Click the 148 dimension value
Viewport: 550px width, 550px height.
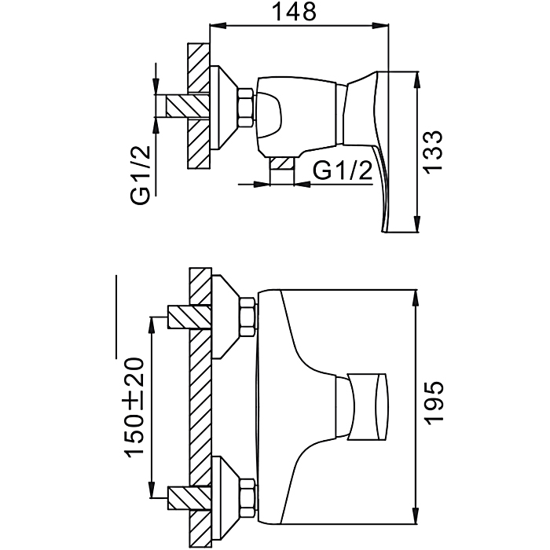pos(294,12)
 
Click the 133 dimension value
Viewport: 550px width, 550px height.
pos(432,151)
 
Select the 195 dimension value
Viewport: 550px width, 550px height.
pos(434,402)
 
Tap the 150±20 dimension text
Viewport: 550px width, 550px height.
pos(134,407)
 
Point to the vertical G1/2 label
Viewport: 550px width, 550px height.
pos(141,175)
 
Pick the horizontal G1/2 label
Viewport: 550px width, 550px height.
pos(342,170)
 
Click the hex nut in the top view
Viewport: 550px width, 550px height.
pos(245,108)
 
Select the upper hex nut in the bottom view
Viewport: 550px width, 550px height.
pos(247,317)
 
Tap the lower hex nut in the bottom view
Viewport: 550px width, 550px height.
pos(247,497)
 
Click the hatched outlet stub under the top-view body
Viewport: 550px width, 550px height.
pos(281,163)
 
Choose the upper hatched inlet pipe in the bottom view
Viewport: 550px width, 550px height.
pos(190,317)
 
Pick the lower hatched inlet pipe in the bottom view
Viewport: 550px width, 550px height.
pos(190,497)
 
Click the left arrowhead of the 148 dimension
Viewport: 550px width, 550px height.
pos(218,25)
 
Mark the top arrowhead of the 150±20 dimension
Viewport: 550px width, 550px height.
pos(152,325)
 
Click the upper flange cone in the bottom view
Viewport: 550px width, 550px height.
pos(225,317)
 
